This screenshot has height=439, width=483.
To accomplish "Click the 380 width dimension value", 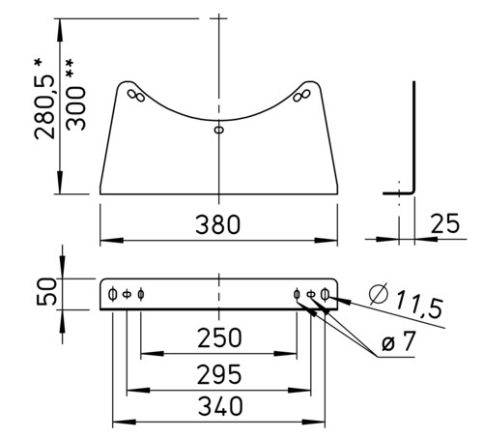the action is pyautogui.click(x=218, y=224).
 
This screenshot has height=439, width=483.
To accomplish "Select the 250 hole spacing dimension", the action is pyautogui.click(x=219, y=337).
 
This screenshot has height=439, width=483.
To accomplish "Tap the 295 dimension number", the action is pyautogui.click(x=219, y=374).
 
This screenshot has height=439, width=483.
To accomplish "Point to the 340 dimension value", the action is pyautogui.click(x=220, y=406).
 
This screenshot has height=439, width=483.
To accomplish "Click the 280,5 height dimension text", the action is pyautogui.click(x=44, y=107).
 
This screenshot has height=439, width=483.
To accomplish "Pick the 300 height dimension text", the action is pyautogui.click(x=75, y=108).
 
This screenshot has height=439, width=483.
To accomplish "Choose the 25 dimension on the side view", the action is pyautogui.click(x=445, y=223).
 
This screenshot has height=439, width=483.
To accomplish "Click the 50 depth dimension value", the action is pyautogui.click(x=46, y=291).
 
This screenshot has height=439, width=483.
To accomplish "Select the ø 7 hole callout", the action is pyautogui.click(x=398, y=341).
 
